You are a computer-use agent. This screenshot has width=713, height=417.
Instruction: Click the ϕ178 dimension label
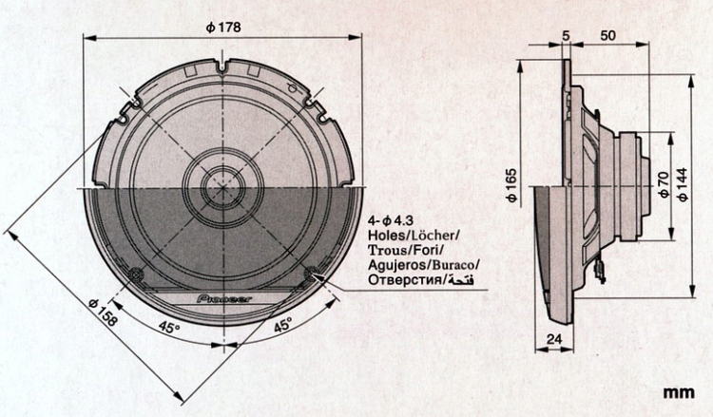(x=222, y=28)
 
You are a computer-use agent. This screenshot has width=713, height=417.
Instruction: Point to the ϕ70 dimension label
(x=662, y=184)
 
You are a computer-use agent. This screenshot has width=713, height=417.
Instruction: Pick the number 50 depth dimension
(x=607, y=35)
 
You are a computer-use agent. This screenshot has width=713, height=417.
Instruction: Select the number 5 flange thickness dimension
(x=566, y=35)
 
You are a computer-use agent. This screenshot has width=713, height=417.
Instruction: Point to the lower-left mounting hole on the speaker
(x=136, y=275)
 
